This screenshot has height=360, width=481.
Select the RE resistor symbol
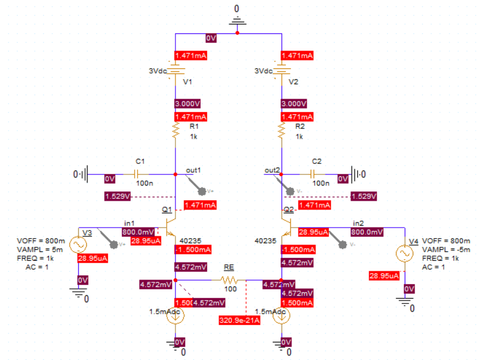coord(228,280)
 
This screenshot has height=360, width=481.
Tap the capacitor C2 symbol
coord(317,174)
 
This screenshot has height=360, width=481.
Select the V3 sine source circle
coord(78,244)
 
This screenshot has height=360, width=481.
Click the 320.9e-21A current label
coord(239,320)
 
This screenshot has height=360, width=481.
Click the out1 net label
coord(193,170)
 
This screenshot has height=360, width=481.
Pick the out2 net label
coord(272,170)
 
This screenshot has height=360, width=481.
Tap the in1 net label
coord(129,223)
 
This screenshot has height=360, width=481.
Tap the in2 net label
coord(359,223)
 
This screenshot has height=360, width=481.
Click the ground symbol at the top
coord(237,20)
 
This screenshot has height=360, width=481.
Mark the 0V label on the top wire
coord(211,38)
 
